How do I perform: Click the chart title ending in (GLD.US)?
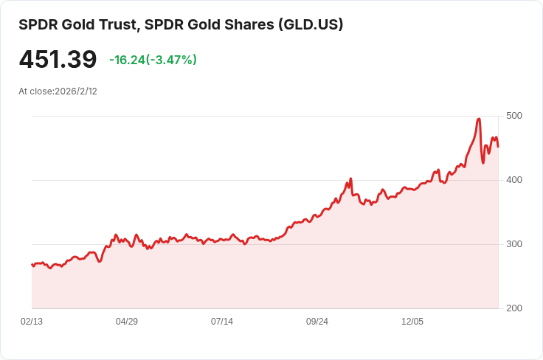(181, 24)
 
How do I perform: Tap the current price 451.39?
(58, 60)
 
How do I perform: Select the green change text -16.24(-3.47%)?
(153, 60)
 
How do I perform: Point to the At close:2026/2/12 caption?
(58, 91)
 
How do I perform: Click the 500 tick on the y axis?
(514, 116)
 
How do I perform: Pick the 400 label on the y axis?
(514, 180)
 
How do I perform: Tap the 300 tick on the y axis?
(514, 244)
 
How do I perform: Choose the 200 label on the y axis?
(514, 308)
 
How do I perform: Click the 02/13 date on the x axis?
(32, 322)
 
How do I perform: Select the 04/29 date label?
(127, 322)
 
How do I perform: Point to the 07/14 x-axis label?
(222, 322)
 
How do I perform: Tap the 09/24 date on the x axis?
(317, 322)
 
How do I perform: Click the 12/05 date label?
(412, 322)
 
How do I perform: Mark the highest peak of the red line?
(480, 119)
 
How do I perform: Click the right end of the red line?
(498, 146)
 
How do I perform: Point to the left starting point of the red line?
(32, 263)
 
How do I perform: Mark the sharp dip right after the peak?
(483, 162)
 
